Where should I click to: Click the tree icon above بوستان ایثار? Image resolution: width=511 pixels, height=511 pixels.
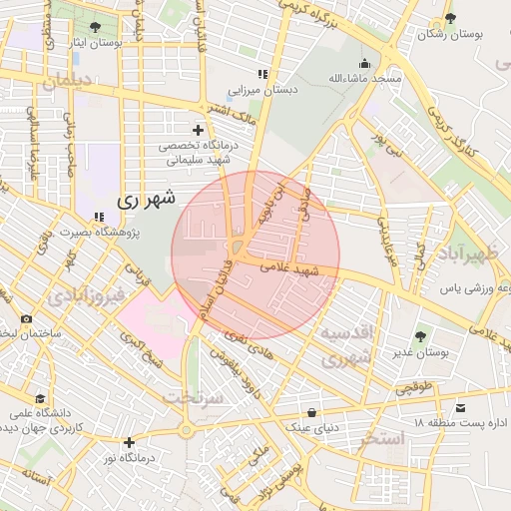(95, 27)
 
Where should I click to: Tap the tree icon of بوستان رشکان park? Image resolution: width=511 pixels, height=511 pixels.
(451, 18)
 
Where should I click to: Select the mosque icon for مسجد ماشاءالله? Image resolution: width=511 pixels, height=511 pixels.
(365, 62)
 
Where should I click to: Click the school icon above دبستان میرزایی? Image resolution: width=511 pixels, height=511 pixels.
(262, 74)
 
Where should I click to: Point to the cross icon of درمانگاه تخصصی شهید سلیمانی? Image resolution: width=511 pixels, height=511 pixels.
(198, 130)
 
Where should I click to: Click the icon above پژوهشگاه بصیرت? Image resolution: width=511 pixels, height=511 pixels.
(98, 217)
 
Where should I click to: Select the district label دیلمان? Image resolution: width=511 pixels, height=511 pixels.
(67, 81)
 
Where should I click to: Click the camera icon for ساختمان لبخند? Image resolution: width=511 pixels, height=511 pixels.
(26, 318)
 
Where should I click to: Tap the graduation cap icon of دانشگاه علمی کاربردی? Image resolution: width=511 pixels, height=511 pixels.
(39, 397)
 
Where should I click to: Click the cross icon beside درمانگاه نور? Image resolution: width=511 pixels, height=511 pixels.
(129, 442)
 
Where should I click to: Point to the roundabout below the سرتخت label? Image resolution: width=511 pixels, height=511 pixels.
(186, 430)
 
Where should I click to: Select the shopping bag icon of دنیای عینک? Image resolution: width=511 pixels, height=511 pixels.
(312, 412)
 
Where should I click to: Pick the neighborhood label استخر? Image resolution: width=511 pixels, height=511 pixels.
(383, 438)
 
